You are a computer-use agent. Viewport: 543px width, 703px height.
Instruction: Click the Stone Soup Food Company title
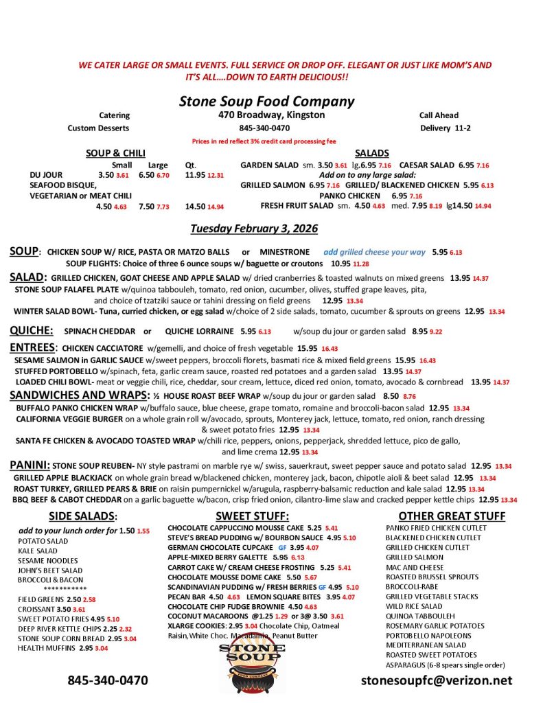point(266,102)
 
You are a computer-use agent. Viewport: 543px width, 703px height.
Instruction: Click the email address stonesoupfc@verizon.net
point(437,680)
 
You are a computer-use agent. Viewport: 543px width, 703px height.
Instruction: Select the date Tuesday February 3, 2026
point(254,228)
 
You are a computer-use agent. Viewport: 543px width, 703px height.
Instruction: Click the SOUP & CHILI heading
point(115,153)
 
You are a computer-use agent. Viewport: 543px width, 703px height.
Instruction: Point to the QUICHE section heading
point(31,330)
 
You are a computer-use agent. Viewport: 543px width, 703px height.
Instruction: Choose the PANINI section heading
point(30,465)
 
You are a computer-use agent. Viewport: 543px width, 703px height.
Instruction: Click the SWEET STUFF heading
point(252,516)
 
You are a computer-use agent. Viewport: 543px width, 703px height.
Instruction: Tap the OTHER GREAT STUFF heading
point(452,516)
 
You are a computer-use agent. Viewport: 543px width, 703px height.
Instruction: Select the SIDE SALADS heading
point(83,516)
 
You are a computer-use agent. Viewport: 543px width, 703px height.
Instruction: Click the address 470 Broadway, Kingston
point(272,115)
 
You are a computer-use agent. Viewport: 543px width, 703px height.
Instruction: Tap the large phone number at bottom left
point(107,680)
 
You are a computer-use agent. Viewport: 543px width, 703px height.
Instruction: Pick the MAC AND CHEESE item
point(415,568)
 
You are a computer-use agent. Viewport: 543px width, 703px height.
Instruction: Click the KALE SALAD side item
point(38,551)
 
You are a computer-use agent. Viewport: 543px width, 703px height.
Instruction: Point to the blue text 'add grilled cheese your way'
point(374,252)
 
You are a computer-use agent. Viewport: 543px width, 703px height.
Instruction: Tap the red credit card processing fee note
point(264,141)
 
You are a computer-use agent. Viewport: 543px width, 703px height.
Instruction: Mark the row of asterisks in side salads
point(65,589)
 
